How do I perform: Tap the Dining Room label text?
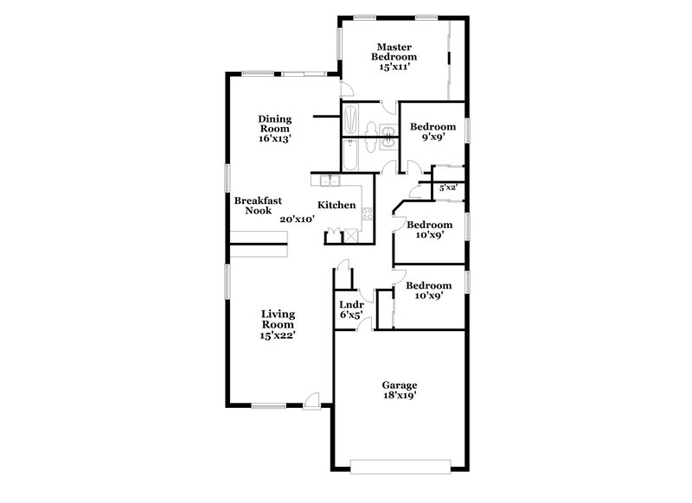274,124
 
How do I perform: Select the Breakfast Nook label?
254,205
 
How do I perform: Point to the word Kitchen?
336,205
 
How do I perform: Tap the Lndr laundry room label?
350,304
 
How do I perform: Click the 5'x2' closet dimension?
448,188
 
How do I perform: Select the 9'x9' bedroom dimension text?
432,137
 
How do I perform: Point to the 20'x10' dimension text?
297,219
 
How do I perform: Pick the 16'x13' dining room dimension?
274,138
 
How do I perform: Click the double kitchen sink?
329,181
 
